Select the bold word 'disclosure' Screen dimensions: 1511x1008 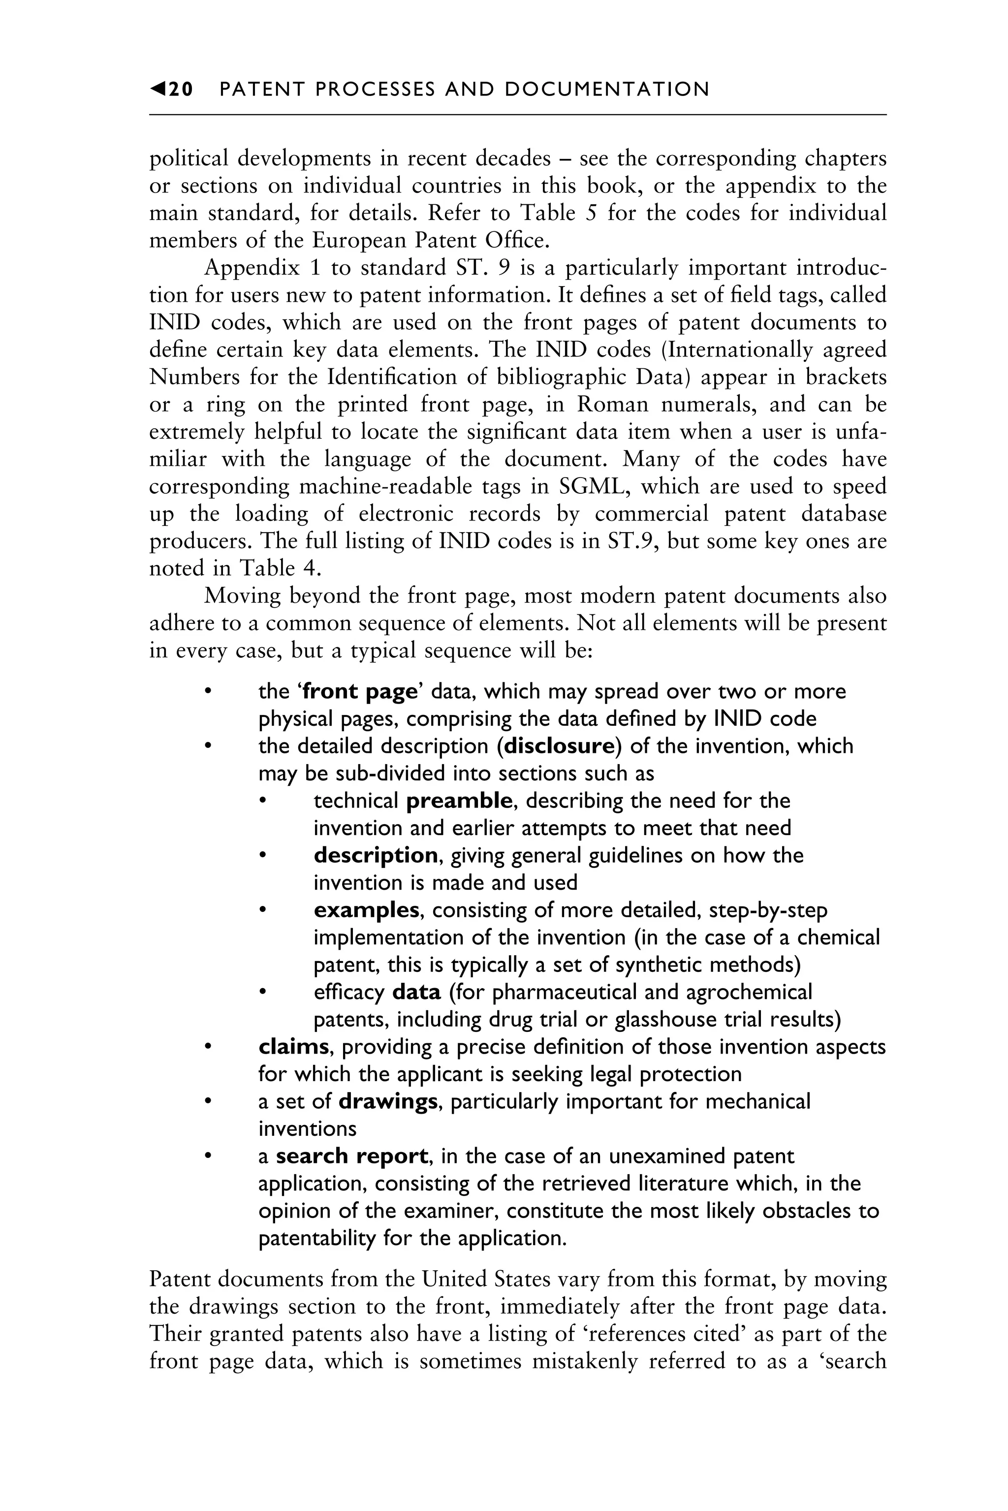click(559, 746)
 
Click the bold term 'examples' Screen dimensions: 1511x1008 click(366, 910)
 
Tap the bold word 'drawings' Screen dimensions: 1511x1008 click(388, 1101)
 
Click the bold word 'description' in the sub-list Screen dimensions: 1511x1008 click(376, 855)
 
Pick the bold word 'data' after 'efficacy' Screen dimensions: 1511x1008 click(416, 992)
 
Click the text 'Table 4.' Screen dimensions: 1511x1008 click(280, 568)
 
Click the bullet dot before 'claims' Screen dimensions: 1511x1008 click(207, 1047)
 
